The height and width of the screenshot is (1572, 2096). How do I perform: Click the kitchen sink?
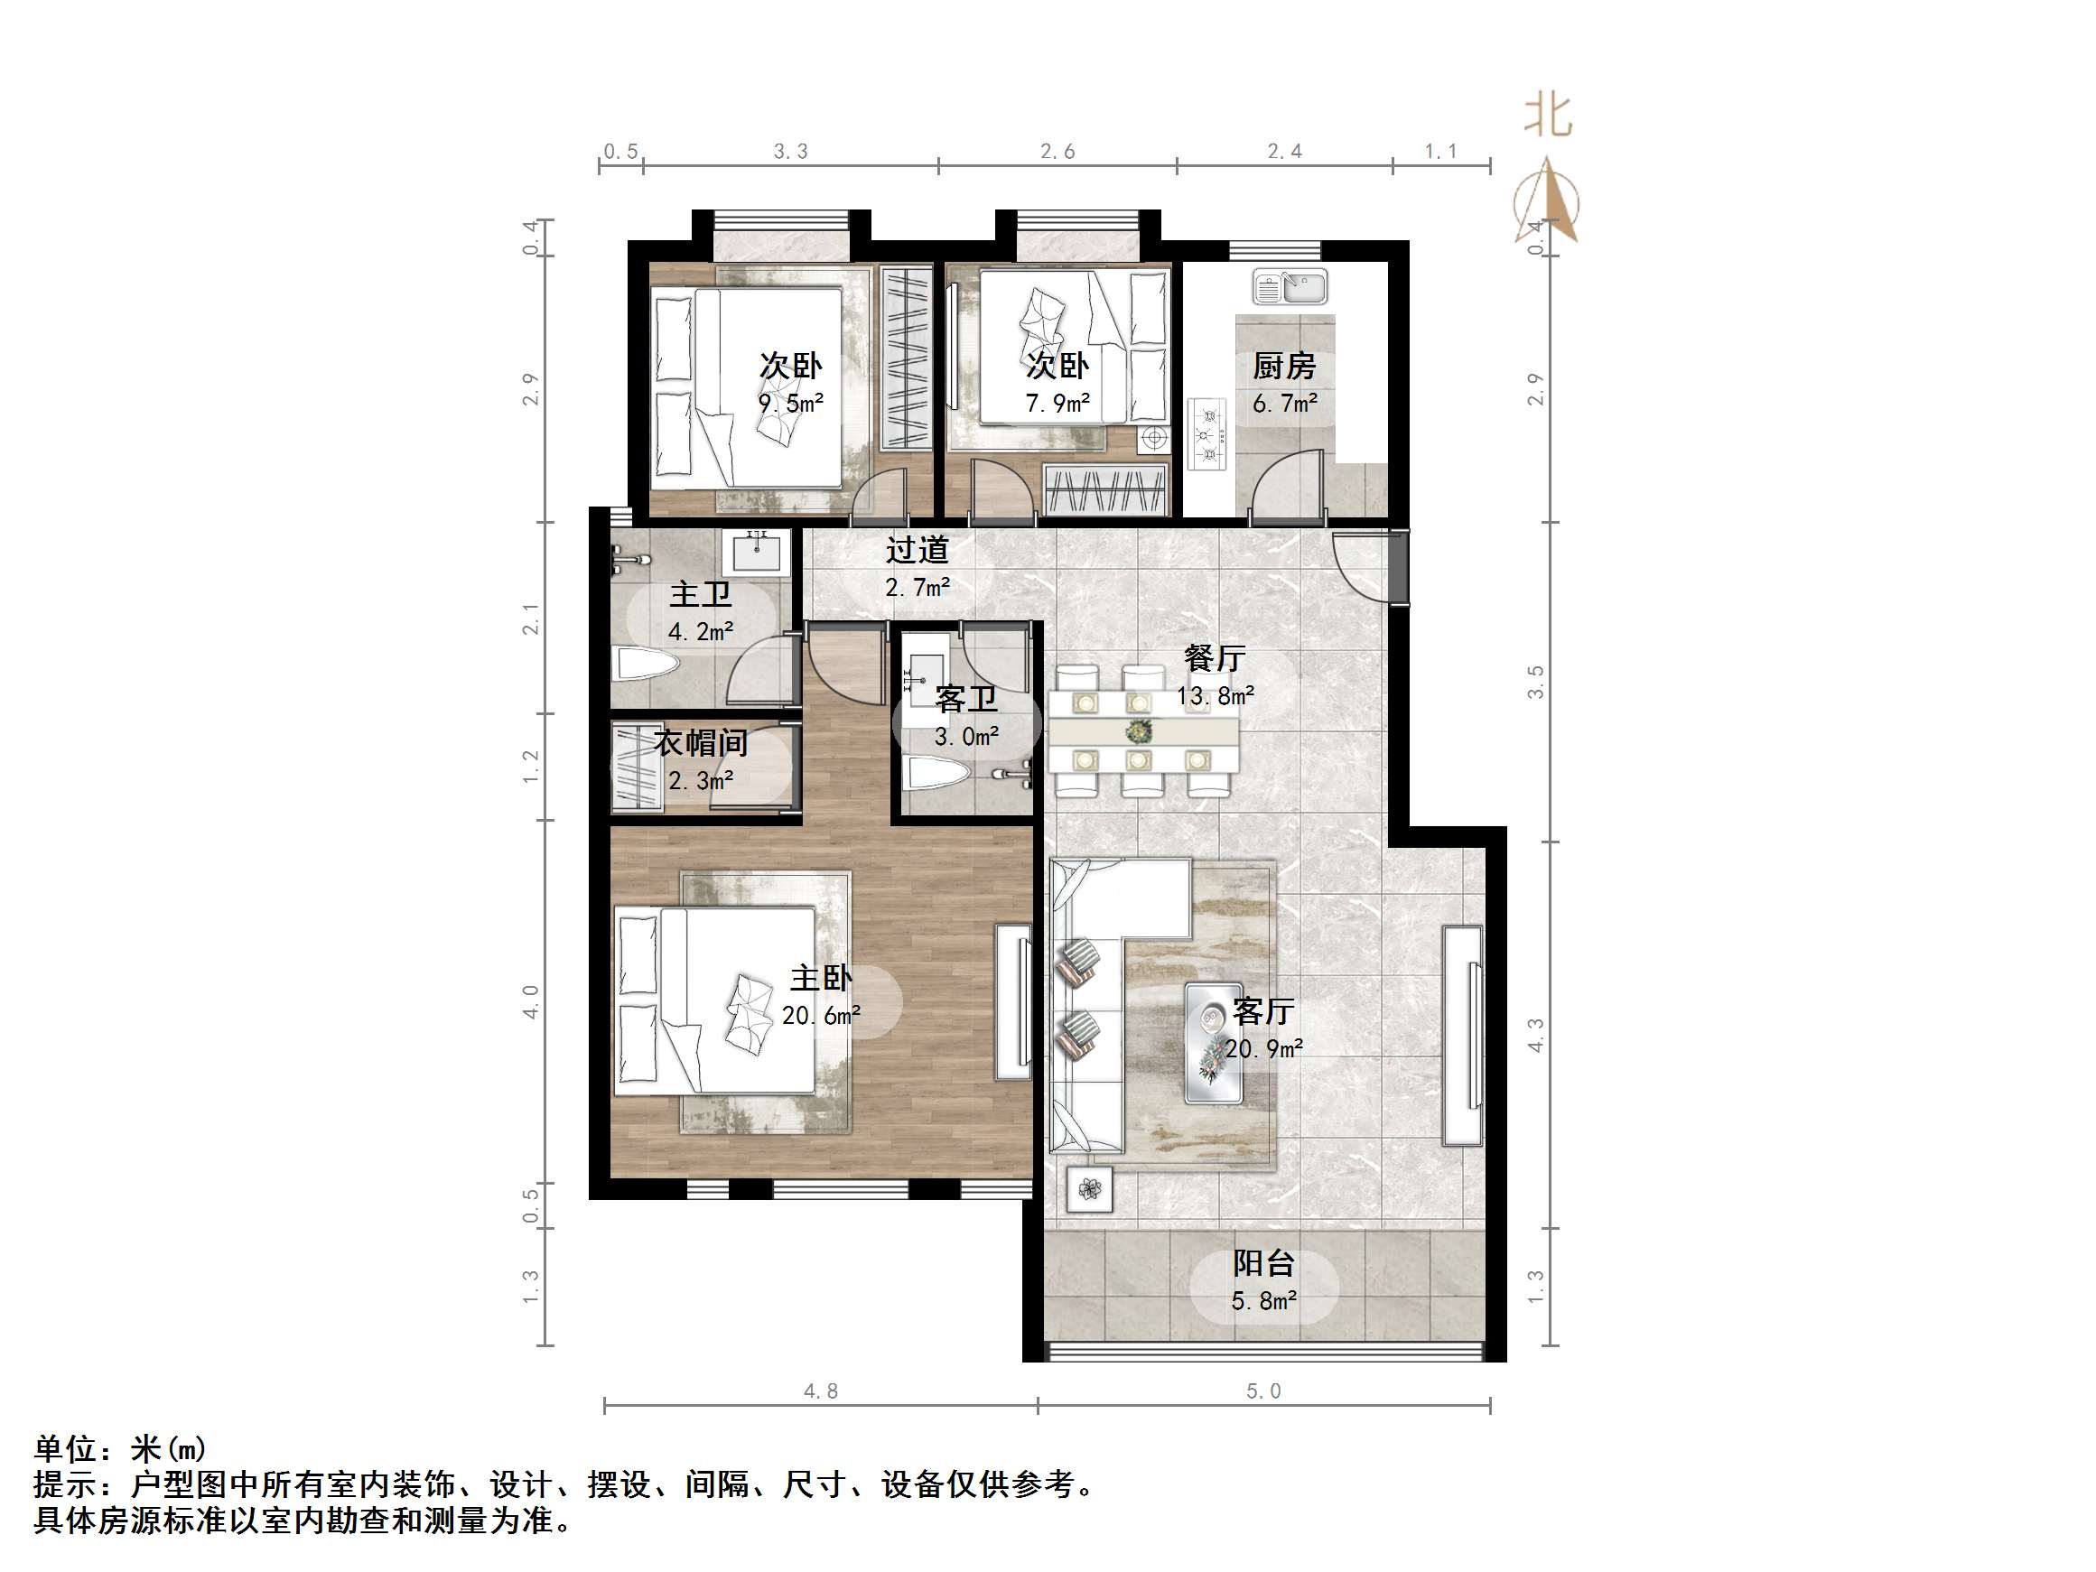[x=1290, y=286]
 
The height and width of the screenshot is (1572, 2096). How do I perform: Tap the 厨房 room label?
[x=1284, y=366]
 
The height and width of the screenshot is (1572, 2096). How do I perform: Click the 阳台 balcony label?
[x=1264, y=1263]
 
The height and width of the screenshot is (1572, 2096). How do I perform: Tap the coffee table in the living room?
[x=1214, y=1042]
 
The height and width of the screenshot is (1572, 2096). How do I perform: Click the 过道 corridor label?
[x=918, y=550]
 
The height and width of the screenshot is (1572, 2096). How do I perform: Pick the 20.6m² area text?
[x=821, y=1016]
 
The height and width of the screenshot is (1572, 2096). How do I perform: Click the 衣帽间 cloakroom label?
[x=701, y=743]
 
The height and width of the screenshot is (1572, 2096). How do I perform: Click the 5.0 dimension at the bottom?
[x=1263, y=1391]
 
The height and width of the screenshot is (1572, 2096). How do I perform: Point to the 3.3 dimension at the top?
[x=790, y=152]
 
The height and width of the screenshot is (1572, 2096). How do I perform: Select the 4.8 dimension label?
[x=821, y=1391]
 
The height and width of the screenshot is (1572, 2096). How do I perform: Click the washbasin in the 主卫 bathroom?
[x=756, y=552]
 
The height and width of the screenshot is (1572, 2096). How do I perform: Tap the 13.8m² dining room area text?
[x=1216, y=696]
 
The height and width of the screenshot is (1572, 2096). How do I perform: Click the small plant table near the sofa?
[x=1090, y=1188]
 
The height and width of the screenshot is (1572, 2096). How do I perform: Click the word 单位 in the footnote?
[x=65, y=1450]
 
